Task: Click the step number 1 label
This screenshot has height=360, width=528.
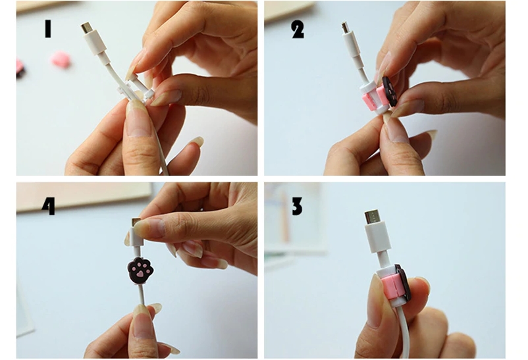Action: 48,28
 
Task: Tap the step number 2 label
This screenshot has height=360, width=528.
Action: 298,30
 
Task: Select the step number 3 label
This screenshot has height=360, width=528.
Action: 297,206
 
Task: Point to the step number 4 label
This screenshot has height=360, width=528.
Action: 49,205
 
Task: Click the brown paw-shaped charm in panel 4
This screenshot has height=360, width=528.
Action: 140,270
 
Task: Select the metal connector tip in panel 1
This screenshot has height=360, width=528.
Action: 86,27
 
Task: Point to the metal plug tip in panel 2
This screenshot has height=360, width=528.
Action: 345,28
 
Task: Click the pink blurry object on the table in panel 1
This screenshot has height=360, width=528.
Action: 61,59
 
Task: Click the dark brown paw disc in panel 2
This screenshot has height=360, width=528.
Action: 390,91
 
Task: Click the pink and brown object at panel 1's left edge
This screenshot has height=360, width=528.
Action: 20,68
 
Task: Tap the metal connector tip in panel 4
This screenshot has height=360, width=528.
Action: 136,222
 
